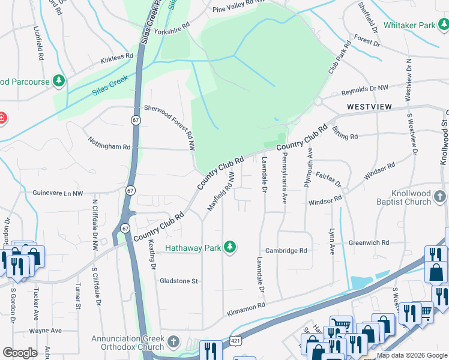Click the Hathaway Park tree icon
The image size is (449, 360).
click(229, 247)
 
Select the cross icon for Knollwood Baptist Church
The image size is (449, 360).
click(440, 197)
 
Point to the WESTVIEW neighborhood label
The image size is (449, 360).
click(369, 107)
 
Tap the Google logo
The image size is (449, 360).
click(20, 353)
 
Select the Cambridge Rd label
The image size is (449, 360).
click(287, 251)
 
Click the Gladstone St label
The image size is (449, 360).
click(178, 281)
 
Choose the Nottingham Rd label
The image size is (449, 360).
click(109, 146)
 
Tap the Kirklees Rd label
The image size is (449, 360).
click(116, 56)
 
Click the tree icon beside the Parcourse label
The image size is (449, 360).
click(59, 80)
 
